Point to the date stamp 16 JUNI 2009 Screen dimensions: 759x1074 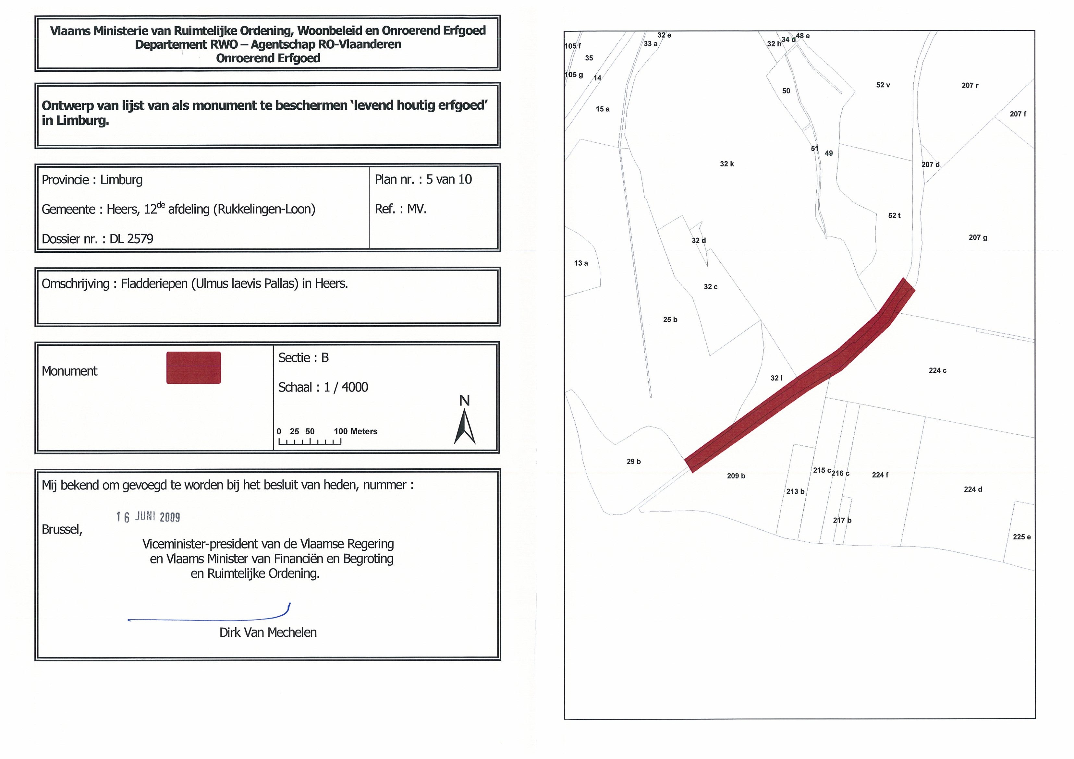point(148,517)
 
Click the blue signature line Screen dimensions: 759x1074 point(211,619)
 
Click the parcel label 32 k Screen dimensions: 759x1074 point(726,164)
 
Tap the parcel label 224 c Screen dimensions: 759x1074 point(937,370)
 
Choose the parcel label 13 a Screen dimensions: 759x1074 point(581,263)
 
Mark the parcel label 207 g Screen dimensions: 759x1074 point(978,237)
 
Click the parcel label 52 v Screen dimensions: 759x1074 point(883,85)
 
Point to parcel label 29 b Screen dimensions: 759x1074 point(633,462)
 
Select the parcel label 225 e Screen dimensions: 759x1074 point(1022,537)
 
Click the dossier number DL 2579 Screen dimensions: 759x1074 point(131,239)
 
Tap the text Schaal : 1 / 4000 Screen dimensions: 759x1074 point(323,387)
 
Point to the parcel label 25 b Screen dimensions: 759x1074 point(670,320)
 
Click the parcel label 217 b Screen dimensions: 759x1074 point(842,520)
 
